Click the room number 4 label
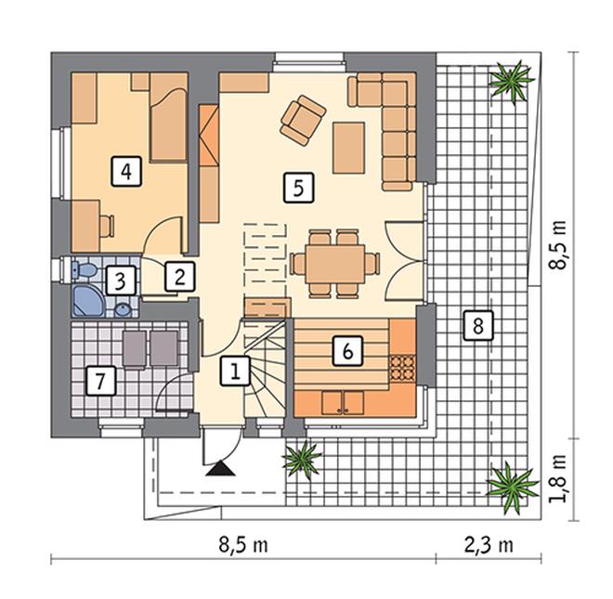point(126,171)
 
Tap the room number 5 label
point(298,189)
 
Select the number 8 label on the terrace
point(478,325)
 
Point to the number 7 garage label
point(101,381)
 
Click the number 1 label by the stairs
point(235,371)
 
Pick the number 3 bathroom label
point(120,280)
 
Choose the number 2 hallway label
point(180,277)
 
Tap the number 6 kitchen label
point(347,351)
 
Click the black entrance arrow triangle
point(221,468)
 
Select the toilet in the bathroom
point(85,269)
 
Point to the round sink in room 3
point(124,310)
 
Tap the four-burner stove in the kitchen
point(401,368)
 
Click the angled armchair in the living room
point(303,120)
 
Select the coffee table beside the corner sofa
point(348,148)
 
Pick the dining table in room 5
point(335,264)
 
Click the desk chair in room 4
point(107,227)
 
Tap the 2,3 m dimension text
point(489,545)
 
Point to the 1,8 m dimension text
point(557,478)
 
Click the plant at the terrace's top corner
point(512,81)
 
